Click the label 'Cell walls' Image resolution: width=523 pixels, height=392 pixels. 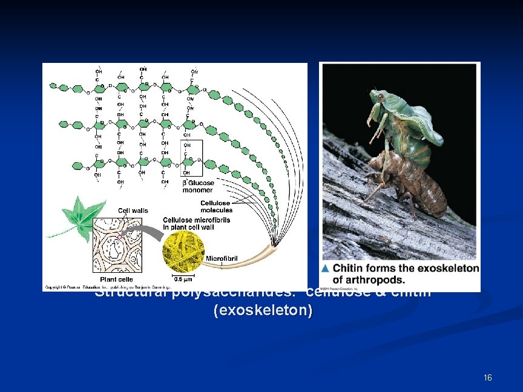click(x=133, y=211)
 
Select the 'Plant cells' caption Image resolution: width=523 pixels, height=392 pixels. click(x=117, y=279)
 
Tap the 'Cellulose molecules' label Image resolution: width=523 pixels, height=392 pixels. click(x=216, y=206)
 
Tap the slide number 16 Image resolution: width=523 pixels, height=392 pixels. click(x=488, y=377)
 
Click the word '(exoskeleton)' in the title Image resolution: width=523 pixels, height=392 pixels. click(x=263, y=311)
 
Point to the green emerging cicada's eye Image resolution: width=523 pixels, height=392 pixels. click(x=380, y=96)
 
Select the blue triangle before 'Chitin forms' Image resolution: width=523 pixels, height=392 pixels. click(x=326, y=268)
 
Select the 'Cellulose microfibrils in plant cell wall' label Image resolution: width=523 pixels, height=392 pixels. click(x=196, y=224)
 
